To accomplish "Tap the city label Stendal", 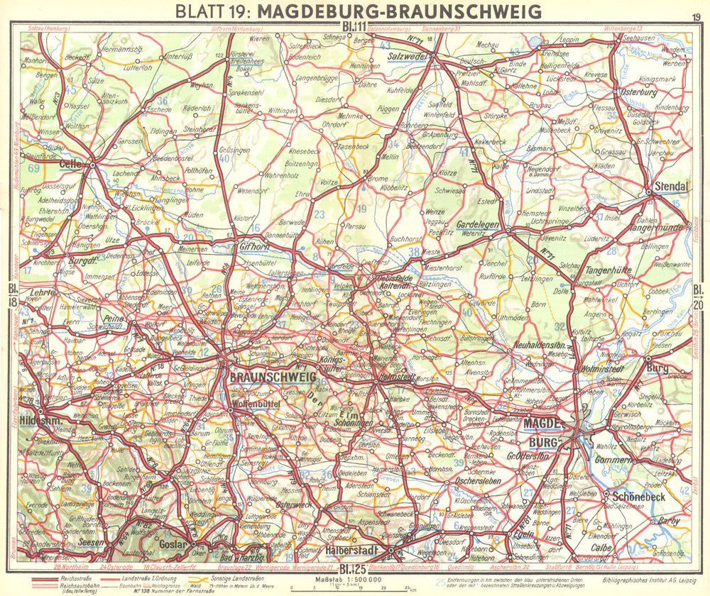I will pyautogui.click(x=670, y=186).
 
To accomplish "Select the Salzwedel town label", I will pyautogui.click(x=406, y=56).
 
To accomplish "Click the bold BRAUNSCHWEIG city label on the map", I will pyautogui.click(x=272, y=378).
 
